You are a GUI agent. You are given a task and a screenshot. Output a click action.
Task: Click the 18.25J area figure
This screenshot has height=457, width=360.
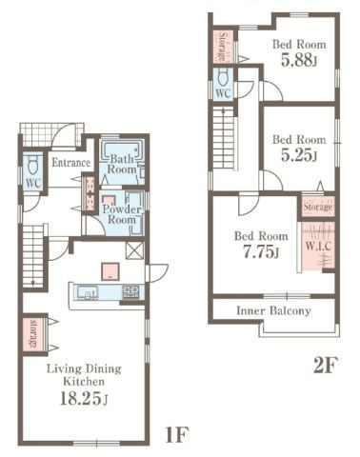pyautogui.click(x=84, y=398)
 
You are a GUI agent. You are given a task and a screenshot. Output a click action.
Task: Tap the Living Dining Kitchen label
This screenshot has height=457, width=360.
pyautogui.click(x=84, y=374)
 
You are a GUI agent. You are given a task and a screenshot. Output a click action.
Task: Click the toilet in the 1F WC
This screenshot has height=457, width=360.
pyautogui.click(x=32, y=167)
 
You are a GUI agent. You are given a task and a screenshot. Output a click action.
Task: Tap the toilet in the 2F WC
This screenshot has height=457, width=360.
pyautogui.click(x=223, y=77)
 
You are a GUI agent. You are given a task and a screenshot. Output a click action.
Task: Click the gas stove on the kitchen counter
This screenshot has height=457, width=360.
pyautogui.click(x=130, y=291)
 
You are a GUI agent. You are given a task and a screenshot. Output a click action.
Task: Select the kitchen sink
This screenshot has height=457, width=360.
pyautogui.click(x=88, y=292)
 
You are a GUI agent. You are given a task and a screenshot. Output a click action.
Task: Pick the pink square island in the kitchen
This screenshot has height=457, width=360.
pyautogui.click(x=110, y=271)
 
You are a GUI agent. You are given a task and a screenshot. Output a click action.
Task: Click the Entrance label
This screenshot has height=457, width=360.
pyautogui.click(x=70, y=163)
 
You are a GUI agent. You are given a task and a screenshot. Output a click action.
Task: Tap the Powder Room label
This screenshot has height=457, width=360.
pyautogui.click(x=122, y=214)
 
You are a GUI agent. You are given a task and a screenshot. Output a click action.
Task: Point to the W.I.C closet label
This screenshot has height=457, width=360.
pyautogui.click(x=318, y=246)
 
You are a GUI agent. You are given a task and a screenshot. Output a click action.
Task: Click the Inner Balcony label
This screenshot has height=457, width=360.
pyautogui.click(x=273, y=310)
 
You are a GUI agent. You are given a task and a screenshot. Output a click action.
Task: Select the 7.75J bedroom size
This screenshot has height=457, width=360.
pyautogui.click(x=261, y=252)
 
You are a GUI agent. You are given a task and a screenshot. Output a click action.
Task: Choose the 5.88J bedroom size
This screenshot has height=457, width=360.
pyautogui.click(x=299, y=60)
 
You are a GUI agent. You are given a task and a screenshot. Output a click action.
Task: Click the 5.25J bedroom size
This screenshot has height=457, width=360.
pyautogui.click(x=299, y=155)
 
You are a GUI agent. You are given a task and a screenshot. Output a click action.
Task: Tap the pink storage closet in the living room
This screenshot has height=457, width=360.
pyautogui.click(x=34, y=334)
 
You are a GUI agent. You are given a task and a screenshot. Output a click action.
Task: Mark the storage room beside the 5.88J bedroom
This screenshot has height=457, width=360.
pyautogui.click(x=223, y=47)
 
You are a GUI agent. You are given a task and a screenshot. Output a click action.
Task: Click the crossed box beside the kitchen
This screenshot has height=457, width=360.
pyautogui.click(x=134, y=250)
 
